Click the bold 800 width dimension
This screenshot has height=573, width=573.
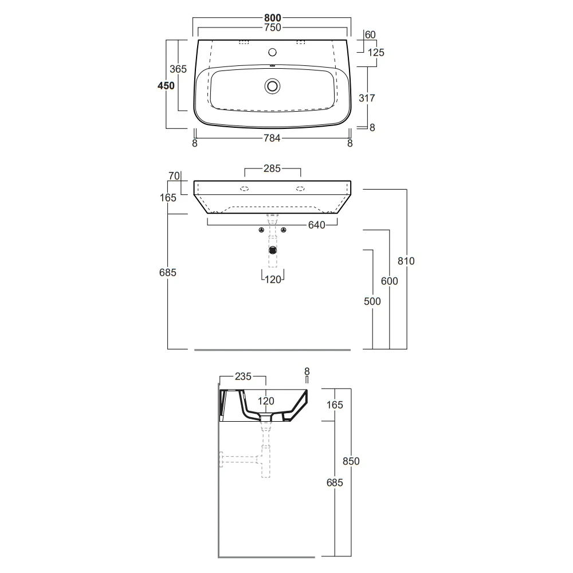point(273,18)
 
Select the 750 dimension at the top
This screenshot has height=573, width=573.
point(273,28)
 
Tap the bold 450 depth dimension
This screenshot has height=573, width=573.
point(166,85)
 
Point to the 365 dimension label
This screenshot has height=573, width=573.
point(178,69)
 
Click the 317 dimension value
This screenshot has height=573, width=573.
point(367,98)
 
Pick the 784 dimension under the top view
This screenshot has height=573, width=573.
point(272,138)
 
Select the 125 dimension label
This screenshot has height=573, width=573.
point(376,53)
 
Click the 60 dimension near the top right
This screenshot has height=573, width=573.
point(370,35)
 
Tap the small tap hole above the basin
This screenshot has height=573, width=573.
point(272,52)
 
